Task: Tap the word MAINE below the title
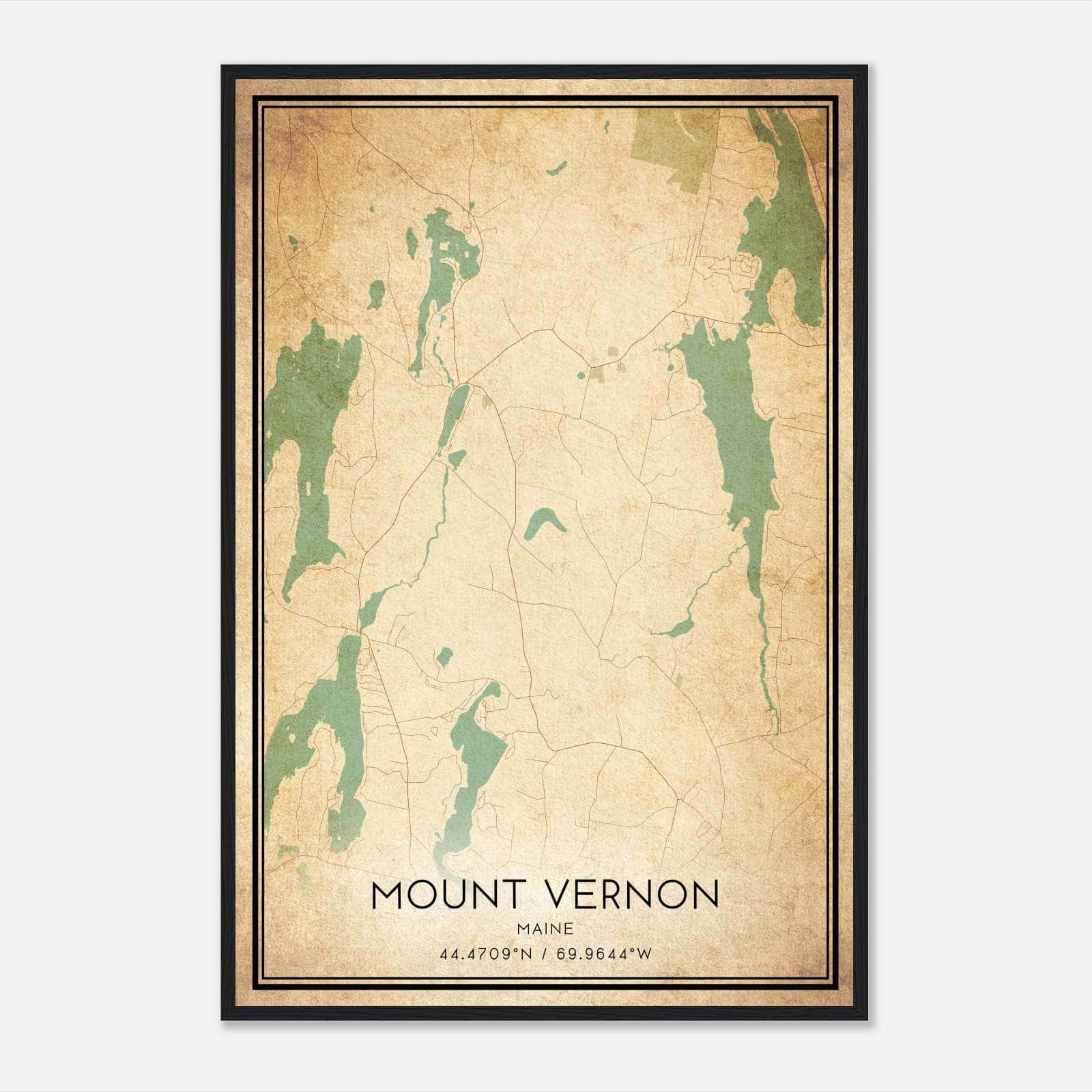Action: pos(545,929)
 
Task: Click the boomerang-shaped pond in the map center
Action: pos(543,523)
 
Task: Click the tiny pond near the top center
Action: pos(557,168)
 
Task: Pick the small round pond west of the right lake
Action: pos(670,367)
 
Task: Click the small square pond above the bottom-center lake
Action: pos(444,658)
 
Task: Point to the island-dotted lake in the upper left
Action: pos(444,266)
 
